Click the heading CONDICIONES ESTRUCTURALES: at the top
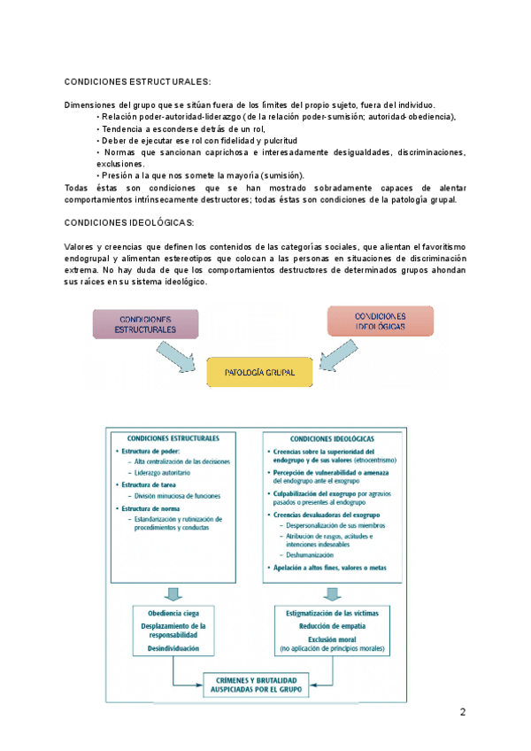138,81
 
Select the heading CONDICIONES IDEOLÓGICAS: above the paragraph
129,222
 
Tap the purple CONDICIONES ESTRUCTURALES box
144,323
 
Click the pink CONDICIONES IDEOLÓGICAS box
380,321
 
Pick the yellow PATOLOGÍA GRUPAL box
260,373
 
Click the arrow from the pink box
340,356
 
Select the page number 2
462,713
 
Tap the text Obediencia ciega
173,613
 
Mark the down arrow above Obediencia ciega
174,592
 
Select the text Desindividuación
173,648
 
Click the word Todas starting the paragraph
78,188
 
